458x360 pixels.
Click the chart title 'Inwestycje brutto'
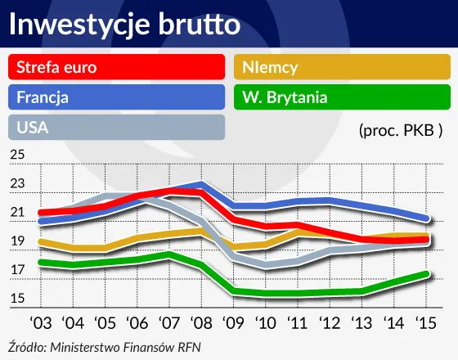click(x=125, y=25)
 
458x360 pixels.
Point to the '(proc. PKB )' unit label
click(x=400, y=129)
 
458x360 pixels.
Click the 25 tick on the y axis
click(x=18, y=155)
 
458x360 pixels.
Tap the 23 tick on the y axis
click(x=18, y=184)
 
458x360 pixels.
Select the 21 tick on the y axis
click(x=18, y=214)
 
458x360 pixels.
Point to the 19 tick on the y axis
click(x=18, y=242)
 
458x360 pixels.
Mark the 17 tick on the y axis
click(x=18, y=271)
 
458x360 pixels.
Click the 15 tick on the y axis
click(x=18, y=299)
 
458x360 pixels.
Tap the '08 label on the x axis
click(x=202, y=322)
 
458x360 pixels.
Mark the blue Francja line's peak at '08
click(x=202, y=184)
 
